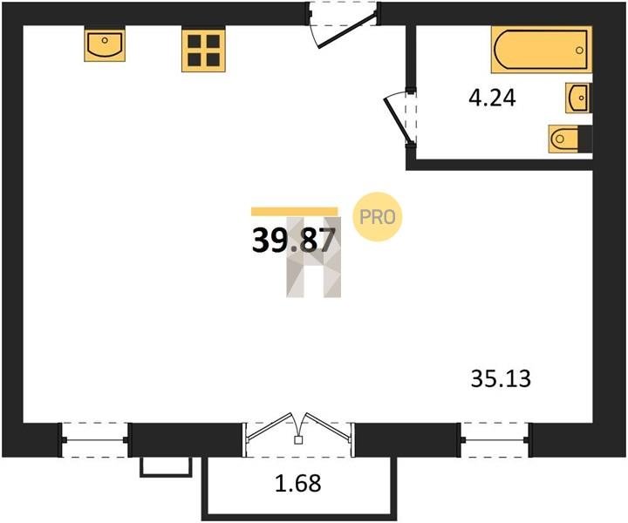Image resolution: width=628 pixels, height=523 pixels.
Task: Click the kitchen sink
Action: coord(105,44)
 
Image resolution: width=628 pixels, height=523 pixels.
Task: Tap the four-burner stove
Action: coord(203,50)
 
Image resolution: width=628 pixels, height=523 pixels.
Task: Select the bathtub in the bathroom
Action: coord(542,50)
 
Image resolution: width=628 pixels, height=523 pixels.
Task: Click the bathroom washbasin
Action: coord(577,98)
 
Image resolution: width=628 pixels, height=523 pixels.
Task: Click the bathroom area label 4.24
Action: coord(492,98)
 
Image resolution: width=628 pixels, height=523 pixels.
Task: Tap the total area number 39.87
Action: coord(293,241)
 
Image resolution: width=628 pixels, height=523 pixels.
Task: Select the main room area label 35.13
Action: coord(501,378)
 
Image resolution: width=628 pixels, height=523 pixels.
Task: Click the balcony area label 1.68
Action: coord(298,483)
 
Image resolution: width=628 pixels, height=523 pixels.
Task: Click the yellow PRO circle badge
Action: coord(377,217)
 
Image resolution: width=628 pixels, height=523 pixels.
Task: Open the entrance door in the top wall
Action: coord(347,31)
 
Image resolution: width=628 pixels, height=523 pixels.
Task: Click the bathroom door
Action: coord(398,119)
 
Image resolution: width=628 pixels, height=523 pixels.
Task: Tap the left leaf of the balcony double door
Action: coord(273,427)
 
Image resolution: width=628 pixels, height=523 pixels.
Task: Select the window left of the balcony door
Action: coord(94,440)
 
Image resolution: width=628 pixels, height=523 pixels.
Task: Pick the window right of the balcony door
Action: coord(495,440)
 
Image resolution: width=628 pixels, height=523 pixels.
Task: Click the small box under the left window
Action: coord(166,467)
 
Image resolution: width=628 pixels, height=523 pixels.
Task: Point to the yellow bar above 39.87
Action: coord(295,211)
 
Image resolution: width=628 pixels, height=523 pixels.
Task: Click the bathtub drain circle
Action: coord(579,50)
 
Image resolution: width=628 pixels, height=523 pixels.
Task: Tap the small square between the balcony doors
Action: coord(298,440)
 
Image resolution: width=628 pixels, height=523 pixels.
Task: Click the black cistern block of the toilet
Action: coord(585,139)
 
